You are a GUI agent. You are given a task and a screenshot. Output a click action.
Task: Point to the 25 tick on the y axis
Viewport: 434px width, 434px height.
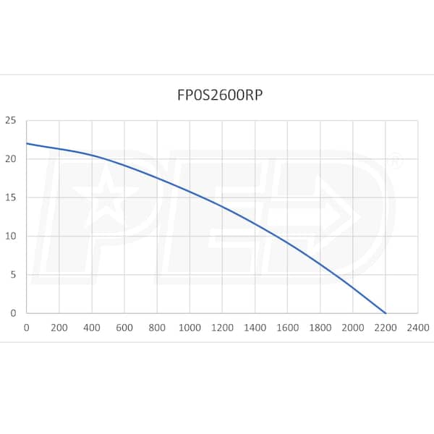pyautogui.click(x=10, y=120)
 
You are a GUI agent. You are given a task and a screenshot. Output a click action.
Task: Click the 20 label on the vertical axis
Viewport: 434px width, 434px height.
pyautogui.click(x=10, y=159)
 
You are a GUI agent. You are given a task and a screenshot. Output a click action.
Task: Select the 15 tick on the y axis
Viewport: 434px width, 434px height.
pyautogui.click(x=10, y=197)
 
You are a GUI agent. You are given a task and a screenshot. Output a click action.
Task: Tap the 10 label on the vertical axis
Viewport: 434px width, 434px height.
pyautogui.click(x=10, y=237)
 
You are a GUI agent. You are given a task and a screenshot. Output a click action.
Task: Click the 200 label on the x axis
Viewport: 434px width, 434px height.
pyautogui.click(x=59, y=327)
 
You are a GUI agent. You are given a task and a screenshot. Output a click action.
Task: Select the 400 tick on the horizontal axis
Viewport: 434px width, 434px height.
pyautogui.click(x=92, y=327)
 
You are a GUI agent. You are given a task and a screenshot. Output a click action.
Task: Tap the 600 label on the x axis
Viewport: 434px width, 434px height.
pyautogui.click(x=124, y=327)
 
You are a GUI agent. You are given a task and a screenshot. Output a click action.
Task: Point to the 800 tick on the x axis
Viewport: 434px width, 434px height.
pyautogui.click(x=157, y=327)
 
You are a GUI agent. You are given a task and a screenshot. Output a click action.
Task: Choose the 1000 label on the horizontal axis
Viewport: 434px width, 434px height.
pyautogui.click(x=190, y=327)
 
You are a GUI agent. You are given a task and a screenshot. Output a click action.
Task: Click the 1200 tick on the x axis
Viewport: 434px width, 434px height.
pyautogui.click(x=222, y=327)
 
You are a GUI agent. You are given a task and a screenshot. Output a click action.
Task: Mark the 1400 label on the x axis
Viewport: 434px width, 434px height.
pyautogui.click(x=255, y=327)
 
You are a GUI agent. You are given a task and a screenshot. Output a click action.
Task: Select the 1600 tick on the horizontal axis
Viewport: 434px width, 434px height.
pyautogui.click(x=287, y=327)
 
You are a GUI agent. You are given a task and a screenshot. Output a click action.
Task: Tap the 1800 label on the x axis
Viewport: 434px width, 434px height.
pyautogui.click(x=320, y=327)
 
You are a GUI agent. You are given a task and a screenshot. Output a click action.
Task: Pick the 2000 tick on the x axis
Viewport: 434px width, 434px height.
pyautogui.click(x=353, y=327)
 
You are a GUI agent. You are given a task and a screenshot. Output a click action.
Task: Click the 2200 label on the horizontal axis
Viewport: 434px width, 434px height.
pyautogui.click(x=386, y=327)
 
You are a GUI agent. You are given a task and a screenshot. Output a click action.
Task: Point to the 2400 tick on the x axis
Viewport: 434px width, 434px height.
pyautogui.click(x=418, y=327)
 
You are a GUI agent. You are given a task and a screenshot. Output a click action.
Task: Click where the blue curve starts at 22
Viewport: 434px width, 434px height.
pyautogui.click(x=27, y=143)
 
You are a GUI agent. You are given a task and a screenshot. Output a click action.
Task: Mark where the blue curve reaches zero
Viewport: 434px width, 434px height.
pyautogui.click(x=386, y=313)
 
